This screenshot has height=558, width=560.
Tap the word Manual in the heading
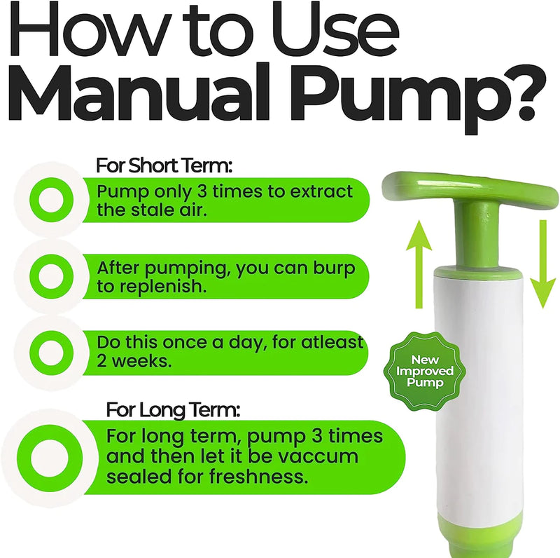pyautogui.click(x=136, y=93)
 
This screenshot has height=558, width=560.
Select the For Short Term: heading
pyautogui.click(x=164, y=165)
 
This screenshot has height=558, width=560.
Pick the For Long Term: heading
pyautogui.click(x=173, y=409)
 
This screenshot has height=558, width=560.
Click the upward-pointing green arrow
pyautogui.click(x=419, y=264)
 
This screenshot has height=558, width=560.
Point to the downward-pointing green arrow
pyautogui.click(x=543, y=264)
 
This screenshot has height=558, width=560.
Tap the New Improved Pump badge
pyautogui.click(x=425, y=371)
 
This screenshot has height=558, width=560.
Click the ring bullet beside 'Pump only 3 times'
pyautogui.click(x=51, y=200)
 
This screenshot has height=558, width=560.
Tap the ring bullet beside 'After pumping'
pyautogui.click(x=51, y=276)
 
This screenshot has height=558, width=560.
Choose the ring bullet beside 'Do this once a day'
pyautogui.click(x=51, y=353)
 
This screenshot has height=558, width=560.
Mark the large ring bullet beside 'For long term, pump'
pyautogui.click(x=50, y=458)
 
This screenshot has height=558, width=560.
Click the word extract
pyautogui.click(x=321, y=191)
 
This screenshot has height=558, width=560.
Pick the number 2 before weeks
pyautogui.click(x=101, y=361)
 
